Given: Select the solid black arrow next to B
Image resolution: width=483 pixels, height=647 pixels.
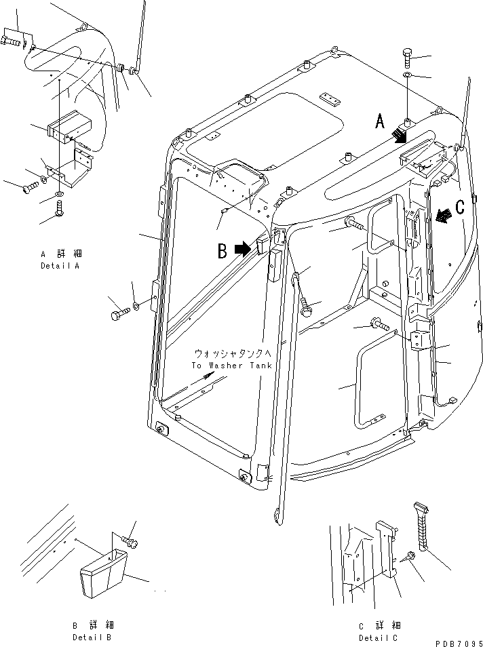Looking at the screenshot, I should pyautogui.click(x=241, y=250).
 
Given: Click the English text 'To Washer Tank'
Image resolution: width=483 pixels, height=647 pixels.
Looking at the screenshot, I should pyautogui.click(x=231, y=366).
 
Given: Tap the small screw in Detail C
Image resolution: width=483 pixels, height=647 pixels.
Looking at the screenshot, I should pyautogui.click(x=408, y=555).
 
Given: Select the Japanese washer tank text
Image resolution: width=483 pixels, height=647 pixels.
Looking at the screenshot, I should pyautogui.click(x=232, y=354).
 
